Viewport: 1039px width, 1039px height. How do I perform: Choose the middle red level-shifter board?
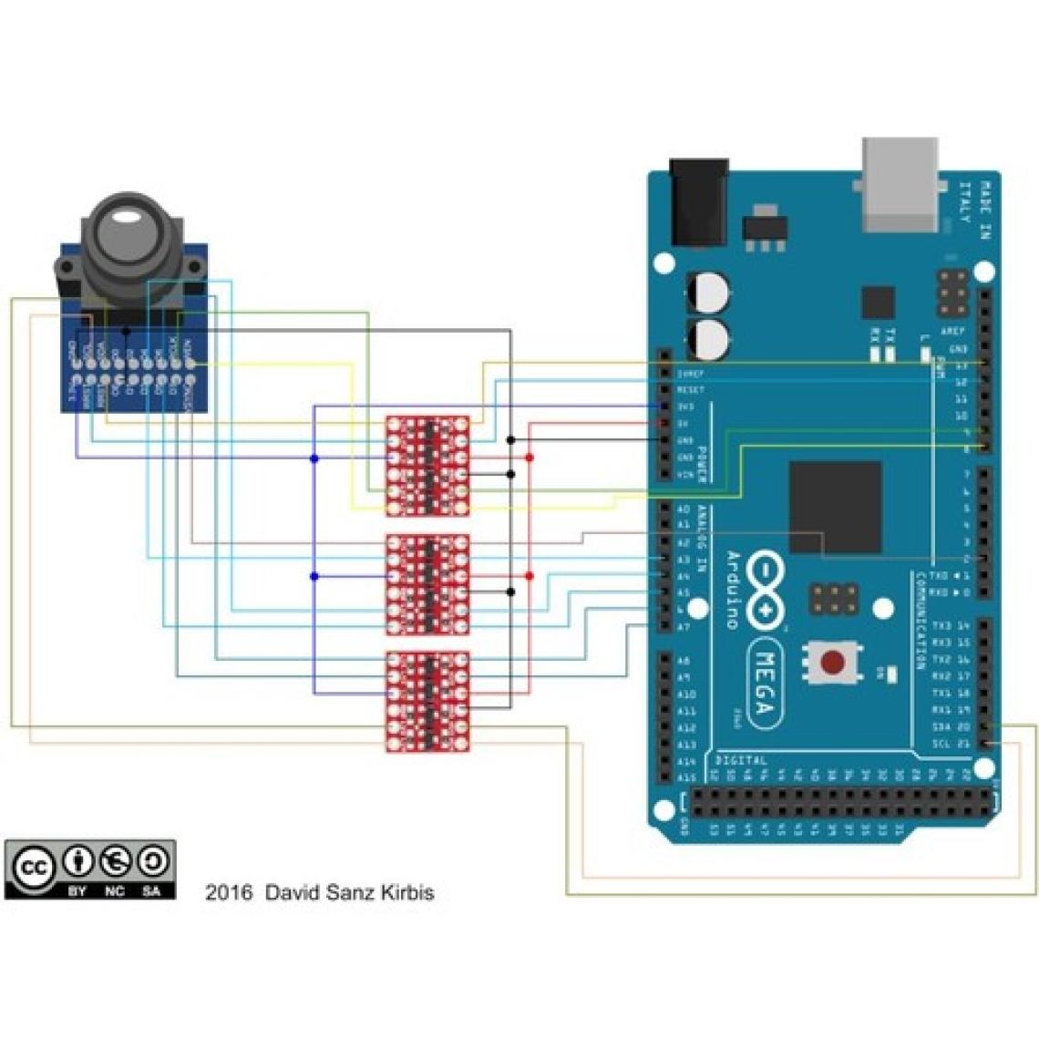click(x=427, y=583)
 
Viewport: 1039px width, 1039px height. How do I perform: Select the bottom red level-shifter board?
click(x=427, y=700)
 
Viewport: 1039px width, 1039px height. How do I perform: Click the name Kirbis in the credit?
click(x=403, y=891)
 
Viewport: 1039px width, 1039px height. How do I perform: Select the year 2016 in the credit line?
click(x=229, y=891)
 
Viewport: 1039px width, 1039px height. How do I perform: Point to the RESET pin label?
click(x=692, y=389)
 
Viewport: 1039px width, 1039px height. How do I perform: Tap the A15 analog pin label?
click(x=686, y=777)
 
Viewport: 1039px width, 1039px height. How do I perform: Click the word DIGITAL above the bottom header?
click(x=740, y=759)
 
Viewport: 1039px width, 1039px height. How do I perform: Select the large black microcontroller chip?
click(x=835, y=507)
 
